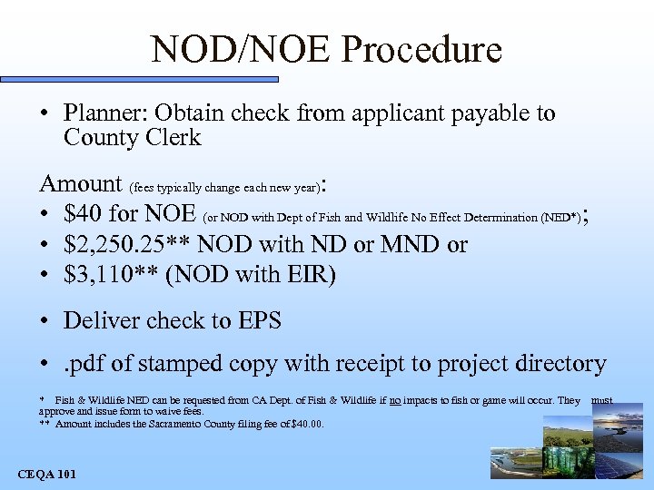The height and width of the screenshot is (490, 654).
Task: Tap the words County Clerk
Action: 133,138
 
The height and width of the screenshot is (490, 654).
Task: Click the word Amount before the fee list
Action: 81,184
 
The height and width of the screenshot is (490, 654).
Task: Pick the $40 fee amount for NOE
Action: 84,214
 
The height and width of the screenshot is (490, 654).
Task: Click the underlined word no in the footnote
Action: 395,400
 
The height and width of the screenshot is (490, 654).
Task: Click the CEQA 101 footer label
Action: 47,474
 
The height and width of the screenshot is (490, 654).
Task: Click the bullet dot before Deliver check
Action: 45,321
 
